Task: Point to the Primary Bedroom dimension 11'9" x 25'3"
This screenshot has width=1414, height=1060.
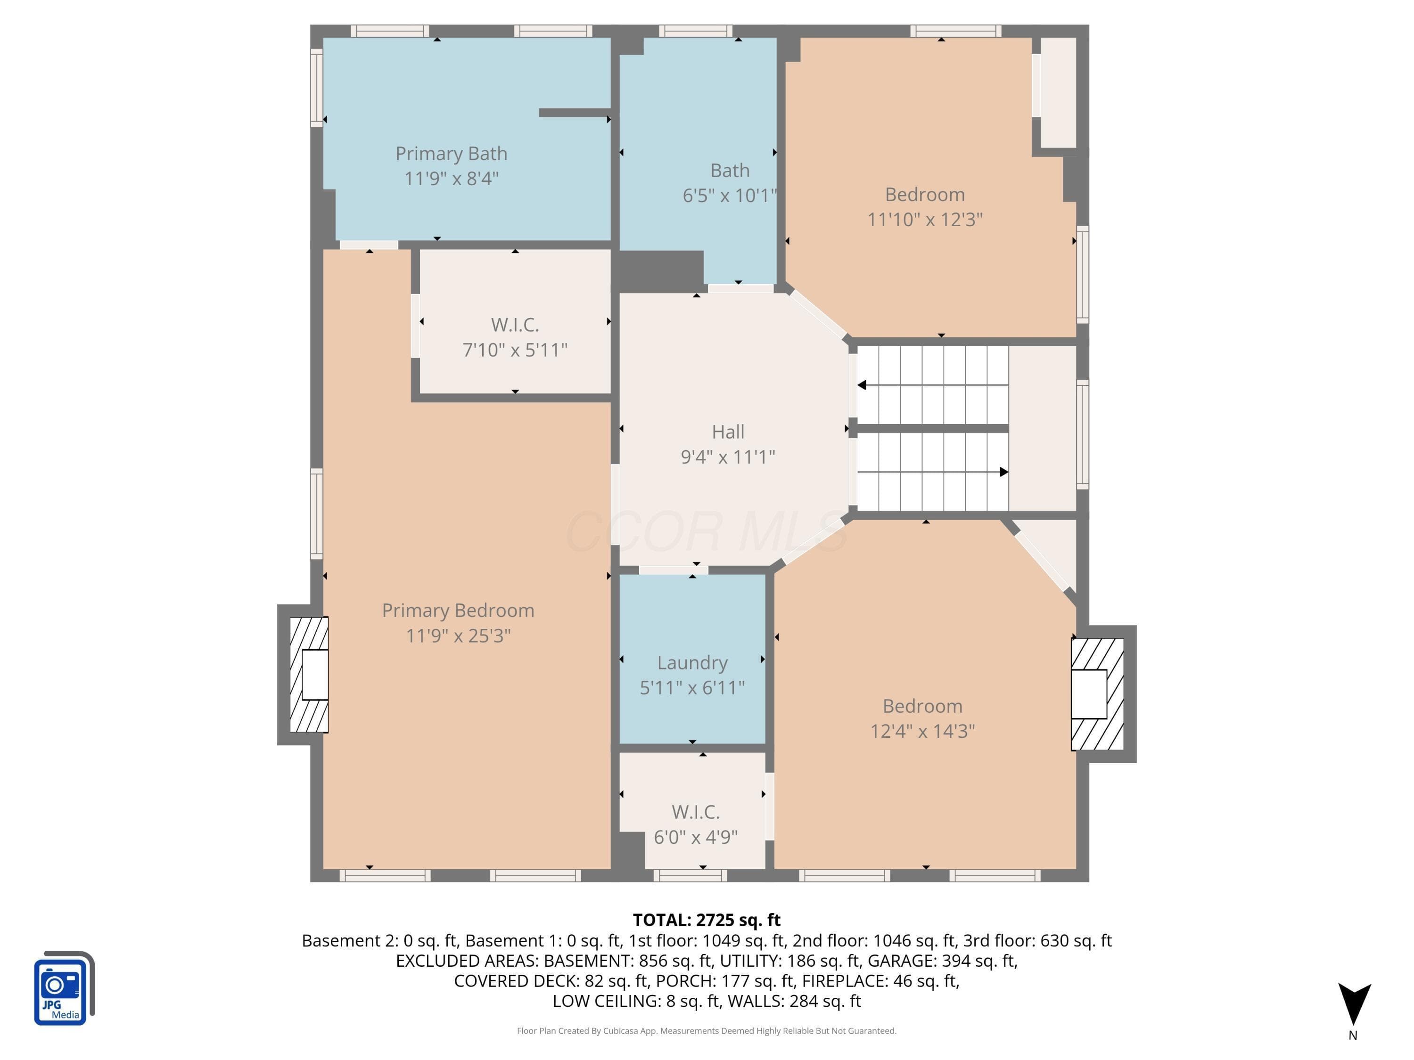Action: (x=458, y=636)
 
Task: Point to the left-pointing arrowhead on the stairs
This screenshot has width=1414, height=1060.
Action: (x=862, y=385)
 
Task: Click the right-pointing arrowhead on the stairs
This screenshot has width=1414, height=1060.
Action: (x=1004, y=472)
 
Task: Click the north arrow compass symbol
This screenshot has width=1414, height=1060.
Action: (x=1354, y=1005)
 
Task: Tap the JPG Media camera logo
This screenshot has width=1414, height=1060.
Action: (x=64, y=988)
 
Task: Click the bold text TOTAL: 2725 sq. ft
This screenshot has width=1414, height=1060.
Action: (x=707, y=920)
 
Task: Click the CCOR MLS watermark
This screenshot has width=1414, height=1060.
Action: (x=707, y=531)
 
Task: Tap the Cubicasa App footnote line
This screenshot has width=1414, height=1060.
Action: (x=707, y=1031)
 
